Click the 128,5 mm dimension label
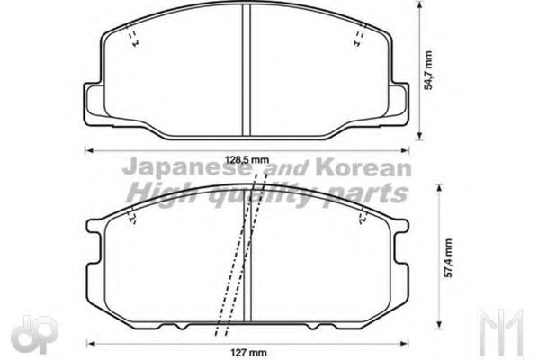[x=247, y=159]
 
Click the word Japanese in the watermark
[x=166, y=169]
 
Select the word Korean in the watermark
[x=372, y=169]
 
